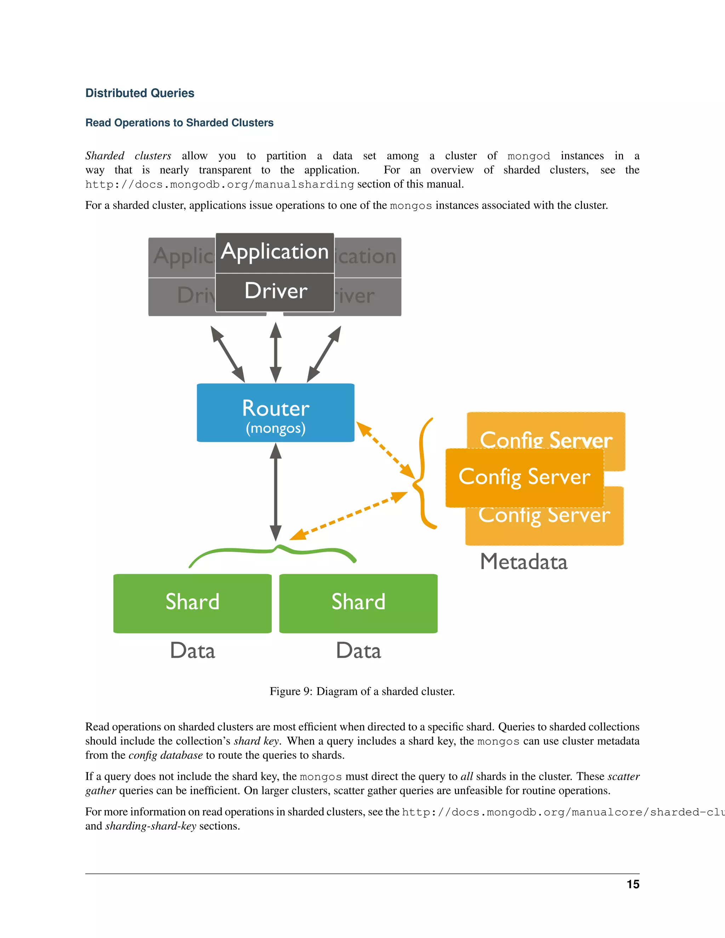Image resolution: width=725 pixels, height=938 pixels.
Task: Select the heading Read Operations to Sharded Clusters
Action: coord(179,123)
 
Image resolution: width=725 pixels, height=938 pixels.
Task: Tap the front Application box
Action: coord(274,252)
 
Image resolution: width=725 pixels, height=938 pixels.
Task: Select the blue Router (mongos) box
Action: coord(275,413)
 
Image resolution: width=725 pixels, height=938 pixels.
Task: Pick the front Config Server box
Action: coord(524,477)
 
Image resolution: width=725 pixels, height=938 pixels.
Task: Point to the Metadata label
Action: coord(524,562)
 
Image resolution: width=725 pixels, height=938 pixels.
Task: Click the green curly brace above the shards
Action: coord(273,553)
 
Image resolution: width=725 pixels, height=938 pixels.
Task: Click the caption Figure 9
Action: coord(362,692)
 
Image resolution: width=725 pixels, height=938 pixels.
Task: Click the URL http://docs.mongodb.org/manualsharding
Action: coord(219,185)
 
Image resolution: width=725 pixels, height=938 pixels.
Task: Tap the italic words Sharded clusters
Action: coord(128,156)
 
